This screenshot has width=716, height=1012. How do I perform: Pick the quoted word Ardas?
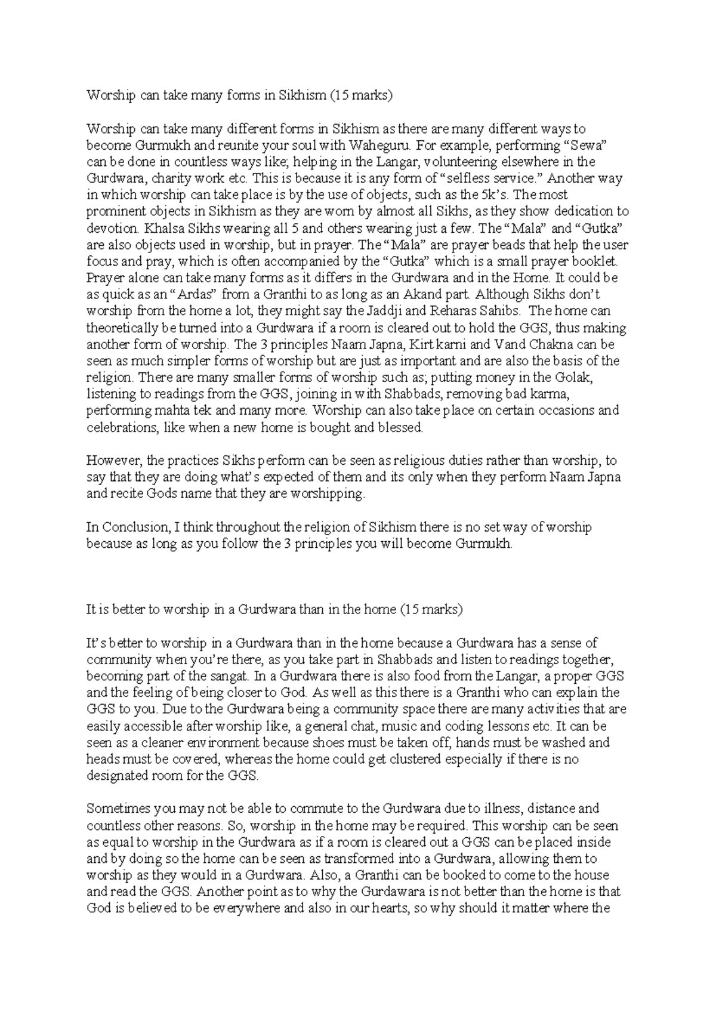[x=193, y=294]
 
